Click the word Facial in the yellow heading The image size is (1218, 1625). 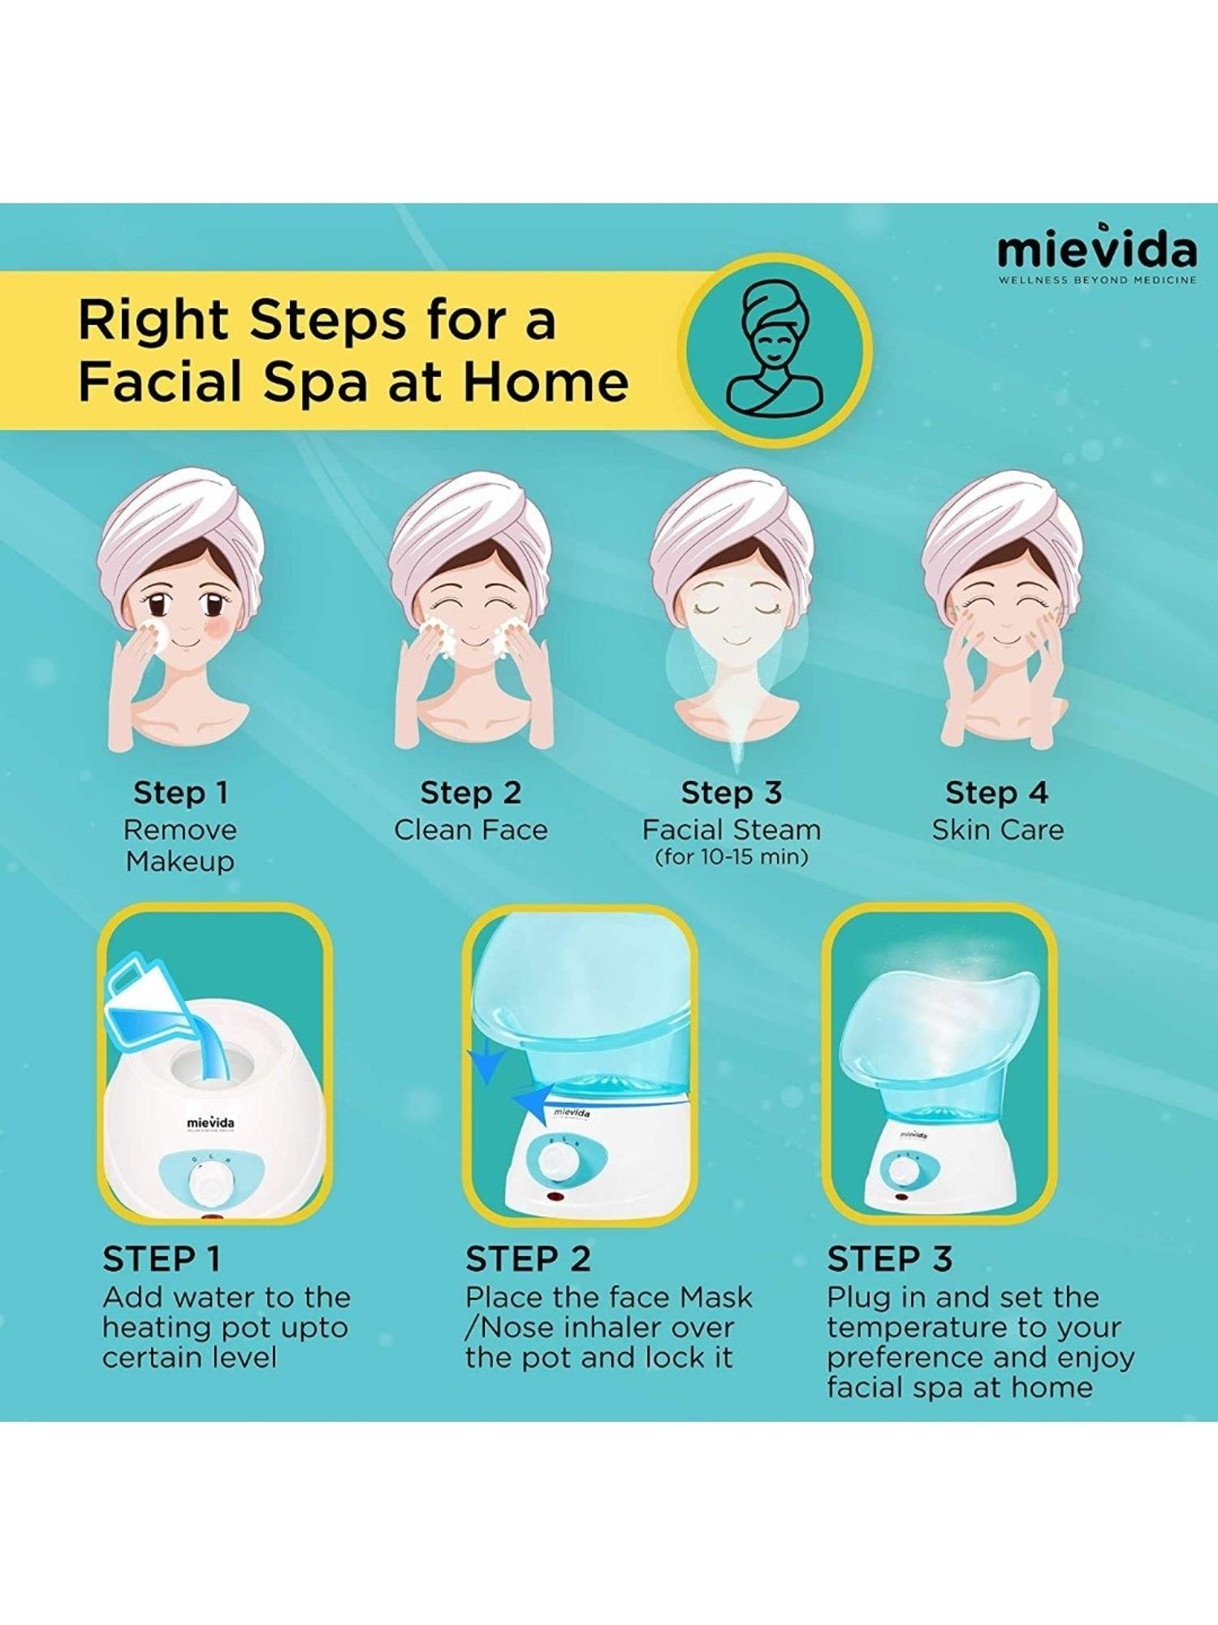click(x=162, y=381)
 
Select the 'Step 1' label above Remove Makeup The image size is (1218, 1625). click(x=180, y=792)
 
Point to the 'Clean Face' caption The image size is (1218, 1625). click(x=470, y=830)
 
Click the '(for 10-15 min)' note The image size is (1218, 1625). click(x=732, y=856)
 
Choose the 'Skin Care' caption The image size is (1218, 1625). click(x=997, y=830)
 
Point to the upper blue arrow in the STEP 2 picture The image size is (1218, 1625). click(x=487, y=1065)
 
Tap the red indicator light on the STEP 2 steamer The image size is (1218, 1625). click(x=555, y=1197)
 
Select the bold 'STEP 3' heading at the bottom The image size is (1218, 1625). click(x=889, y=1259)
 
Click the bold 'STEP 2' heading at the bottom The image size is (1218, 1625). click(x=528, y=1259)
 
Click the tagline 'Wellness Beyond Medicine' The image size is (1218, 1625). click(x=1096, y=280)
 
